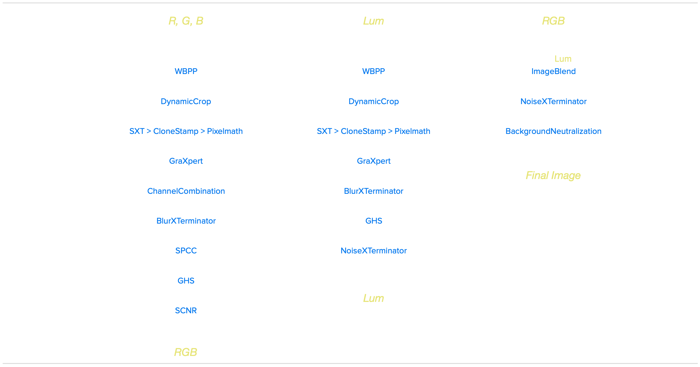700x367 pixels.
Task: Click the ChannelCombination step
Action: tap(186, 191)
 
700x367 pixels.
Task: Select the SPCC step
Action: tap(186, 251)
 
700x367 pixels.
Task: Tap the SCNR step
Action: tap(186, 310)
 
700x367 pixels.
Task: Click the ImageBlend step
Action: tap(553, 72)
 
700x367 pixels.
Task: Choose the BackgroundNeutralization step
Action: tap(553, 131)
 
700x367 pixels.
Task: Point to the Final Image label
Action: tap(553, 175)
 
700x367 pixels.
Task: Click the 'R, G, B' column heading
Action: tap(186, 21)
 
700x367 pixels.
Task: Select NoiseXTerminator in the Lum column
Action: tap(374, 251)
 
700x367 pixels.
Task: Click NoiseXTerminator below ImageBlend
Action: tap(553, 101)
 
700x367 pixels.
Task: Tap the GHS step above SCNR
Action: tap(186, 281)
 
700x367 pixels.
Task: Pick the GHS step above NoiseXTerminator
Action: tap(374, 221)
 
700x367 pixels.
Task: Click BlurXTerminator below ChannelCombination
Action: tap(186, 221)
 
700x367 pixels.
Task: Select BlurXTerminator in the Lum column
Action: tap(374, 191)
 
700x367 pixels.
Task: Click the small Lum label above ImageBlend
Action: tap(563, 59)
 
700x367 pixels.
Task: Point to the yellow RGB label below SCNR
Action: tap(186, 352)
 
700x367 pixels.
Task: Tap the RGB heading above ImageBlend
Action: tap(553, 21)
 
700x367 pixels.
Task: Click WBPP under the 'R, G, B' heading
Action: tap(186, 71)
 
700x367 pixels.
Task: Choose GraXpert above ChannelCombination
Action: tap(186, 161)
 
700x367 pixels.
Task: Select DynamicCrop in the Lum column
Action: tap(374, 101)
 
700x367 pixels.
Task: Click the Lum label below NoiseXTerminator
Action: tap(374, 298)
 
